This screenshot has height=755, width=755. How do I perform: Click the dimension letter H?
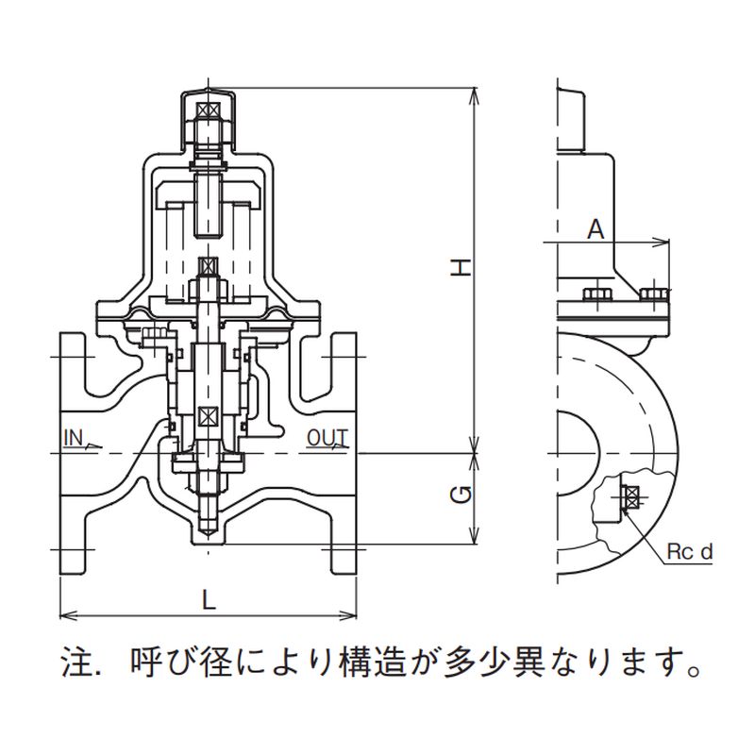click(460, 267)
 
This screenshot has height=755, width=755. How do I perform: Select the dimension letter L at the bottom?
click(209, 598)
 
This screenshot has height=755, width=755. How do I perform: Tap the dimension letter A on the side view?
click(596, 227)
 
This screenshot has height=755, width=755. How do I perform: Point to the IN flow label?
click(75, 437)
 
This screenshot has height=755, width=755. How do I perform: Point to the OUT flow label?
click(328, 437)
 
